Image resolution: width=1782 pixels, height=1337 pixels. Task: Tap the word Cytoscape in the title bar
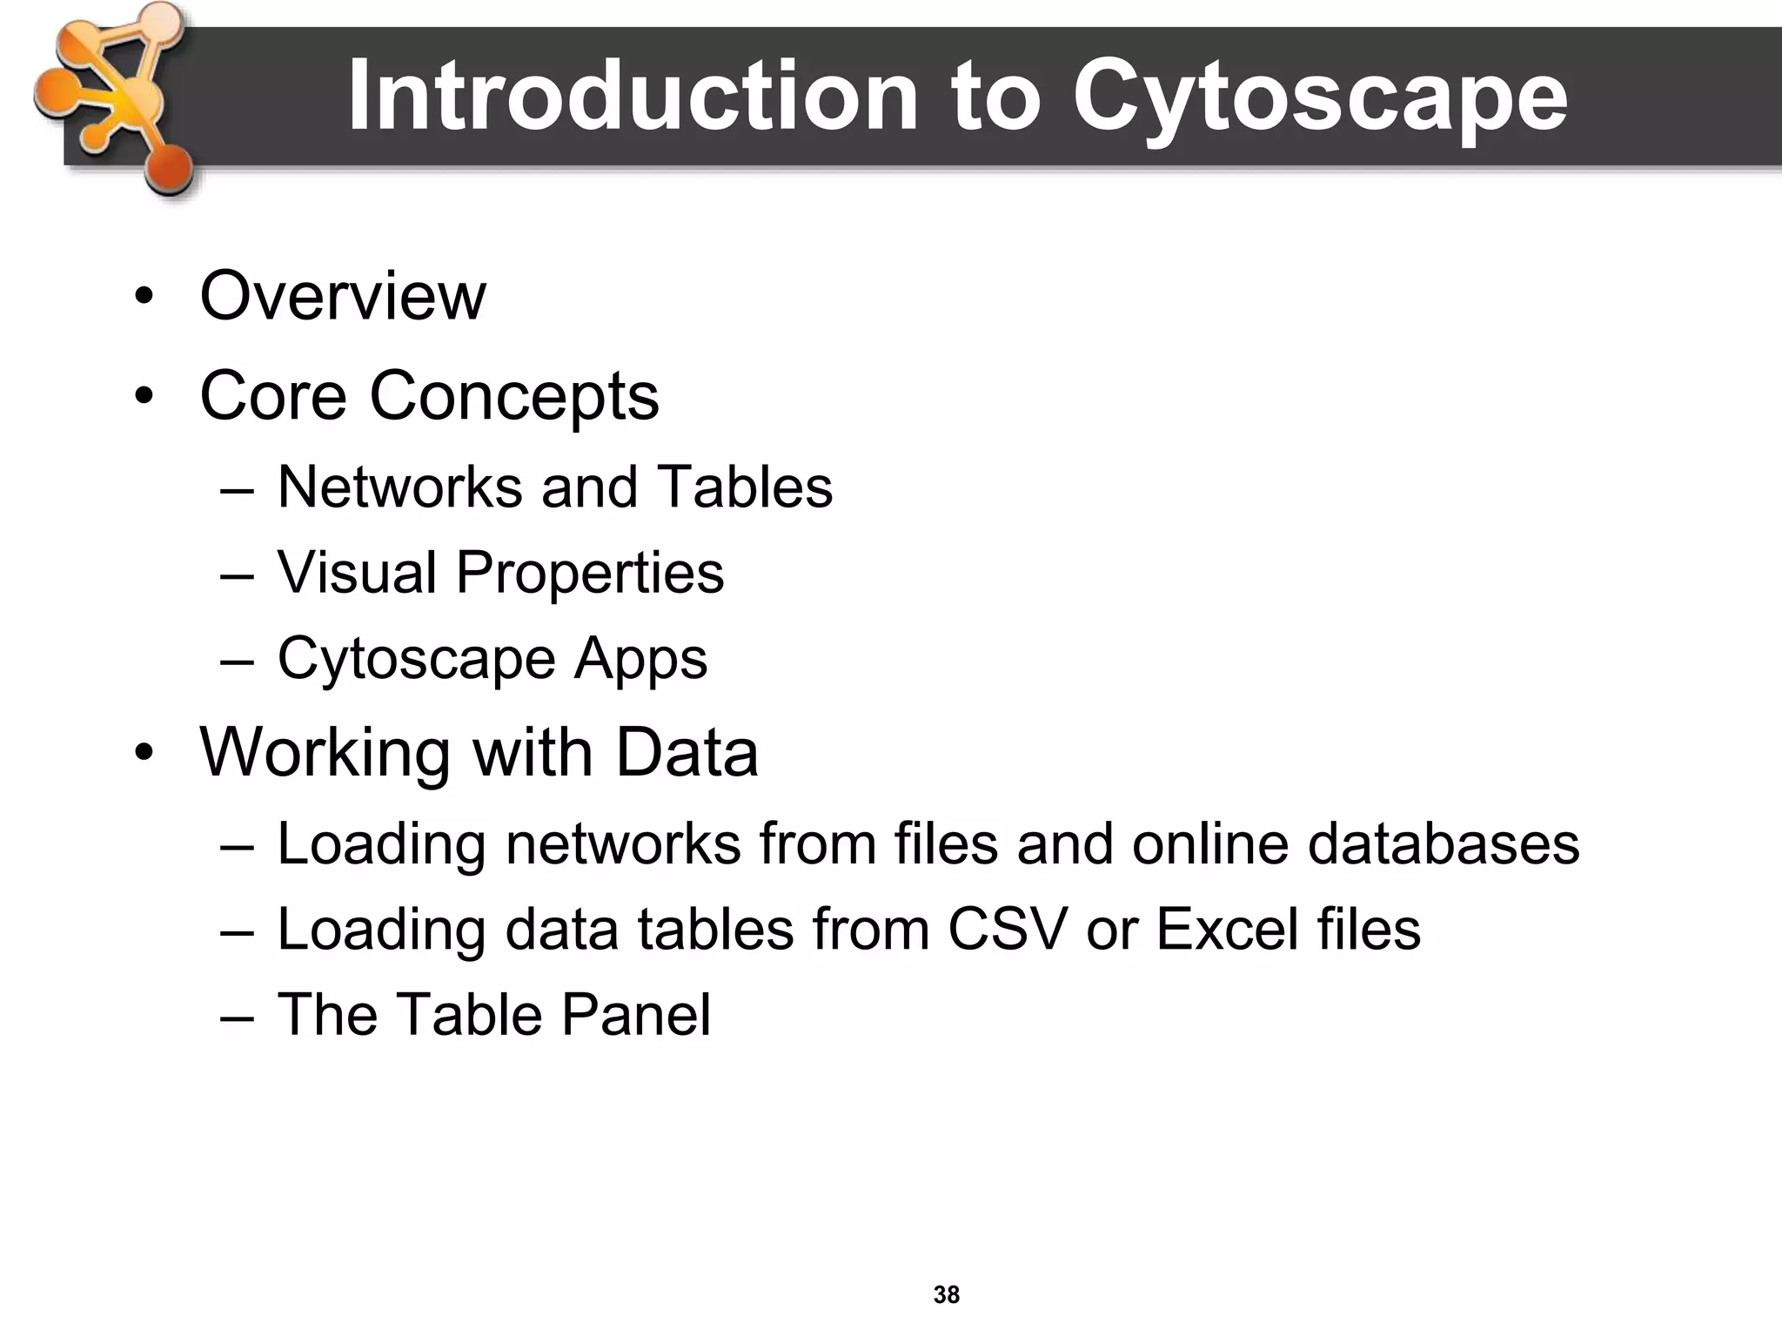(1319, 97)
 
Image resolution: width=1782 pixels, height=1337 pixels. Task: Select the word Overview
(343, 297)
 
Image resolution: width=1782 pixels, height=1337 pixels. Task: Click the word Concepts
(514, 397)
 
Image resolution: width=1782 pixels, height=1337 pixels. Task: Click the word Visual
(357, 573)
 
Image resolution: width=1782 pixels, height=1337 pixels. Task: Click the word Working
(325, 754)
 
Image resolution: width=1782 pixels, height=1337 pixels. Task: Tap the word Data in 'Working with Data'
(687, 752)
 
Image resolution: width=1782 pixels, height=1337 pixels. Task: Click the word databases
(1444, 843)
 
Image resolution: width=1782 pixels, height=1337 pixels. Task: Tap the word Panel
(636, 1014)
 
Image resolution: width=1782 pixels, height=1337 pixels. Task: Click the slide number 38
(947, 1294)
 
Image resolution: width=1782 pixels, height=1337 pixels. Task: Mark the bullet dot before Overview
(144, 299)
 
